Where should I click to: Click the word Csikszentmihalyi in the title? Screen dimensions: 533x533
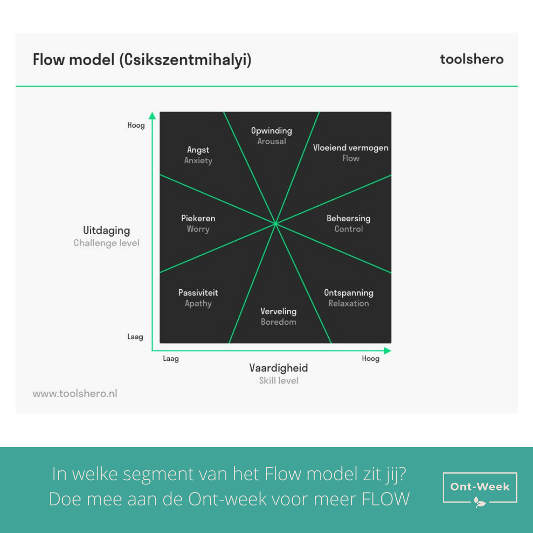(185, 60)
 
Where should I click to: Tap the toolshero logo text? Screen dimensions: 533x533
(472, 59)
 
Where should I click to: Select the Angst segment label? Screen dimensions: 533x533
(198, 150)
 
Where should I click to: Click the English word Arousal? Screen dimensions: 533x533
(271, 142)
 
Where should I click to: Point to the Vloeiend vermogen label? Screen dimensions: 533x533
(351, 148)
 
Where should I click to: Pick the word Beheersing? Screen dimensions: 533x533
(348, 218)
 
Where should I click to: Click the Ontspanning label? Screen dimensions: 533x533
(349, 293)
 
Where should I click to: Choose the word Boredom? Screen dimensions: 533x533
(278, 322)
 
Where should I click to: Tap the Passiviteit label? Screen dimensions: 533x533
(198, 293)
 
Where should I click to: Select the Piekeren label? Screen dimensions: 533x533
(198, 218)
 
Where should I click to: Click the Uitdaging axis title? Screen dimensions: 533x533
(107, 231)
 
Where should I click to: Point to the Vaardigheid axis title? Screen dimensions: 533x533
(279, 368)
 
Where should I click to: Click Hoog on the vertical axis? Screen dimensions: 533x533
(136, 125)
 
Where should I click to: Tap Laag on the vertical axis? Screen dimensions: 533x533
(135, 337)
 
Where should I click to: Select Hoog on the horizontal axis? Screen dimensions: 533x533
(371, 359)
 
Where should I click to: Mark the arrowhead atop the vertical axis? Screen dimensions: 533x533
(152, 115)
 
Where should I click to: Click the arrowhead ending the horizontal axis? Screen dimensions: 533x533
(387, 350)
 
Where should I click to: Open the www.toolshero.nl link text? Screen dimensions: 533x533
(75, 394)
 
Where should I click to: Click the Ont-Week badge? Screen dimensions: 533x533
(480, 489)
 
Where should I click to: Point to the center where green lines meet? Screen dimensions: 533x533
(275, 224)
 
